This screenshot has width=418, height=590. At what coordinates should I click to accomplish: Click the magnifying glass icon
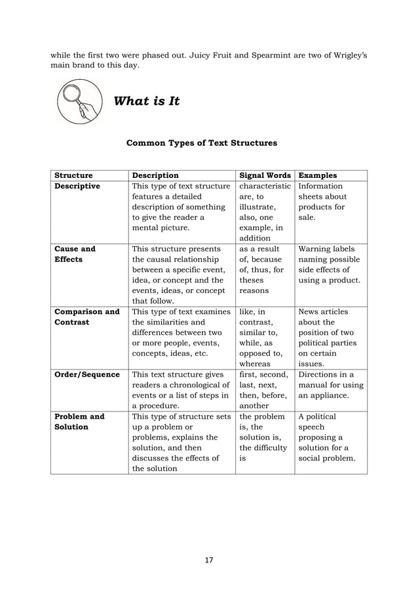coord(80,101)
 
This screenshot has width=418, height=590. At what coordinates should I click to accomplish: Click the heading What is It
coord(147,101)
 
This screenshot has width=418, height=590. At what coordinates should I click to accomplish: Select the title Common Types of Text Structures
coord(201,142)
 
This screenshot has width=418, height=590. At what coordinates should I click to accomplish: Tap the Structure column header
coord(73,175)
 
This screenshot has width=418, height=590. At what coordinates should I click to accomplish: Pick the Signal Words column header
coord(265,175)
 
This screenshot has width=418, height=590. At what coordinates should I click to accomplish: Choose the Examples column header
coord(318,175)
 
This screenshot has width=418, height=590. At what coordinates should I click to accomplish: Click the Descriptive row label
coord(77,186)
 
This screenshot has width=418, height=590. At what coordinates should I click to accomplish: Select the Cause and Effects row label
coord(75,254)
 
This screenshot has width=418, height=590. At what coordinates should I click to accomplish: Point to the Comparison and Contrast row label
coord(86,317)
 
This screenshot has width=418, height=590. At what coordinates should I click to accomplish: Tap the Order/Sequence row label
coord(86,375)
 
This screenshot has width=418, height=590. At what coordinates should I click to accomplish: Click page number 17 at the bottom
coord(208,560)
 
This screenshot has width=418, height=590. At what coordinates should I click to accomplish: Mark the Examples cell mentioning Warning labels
coord(329,264)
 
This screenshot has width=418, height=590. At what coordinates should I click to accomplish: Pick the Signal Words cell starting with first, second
coord(264,390)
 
